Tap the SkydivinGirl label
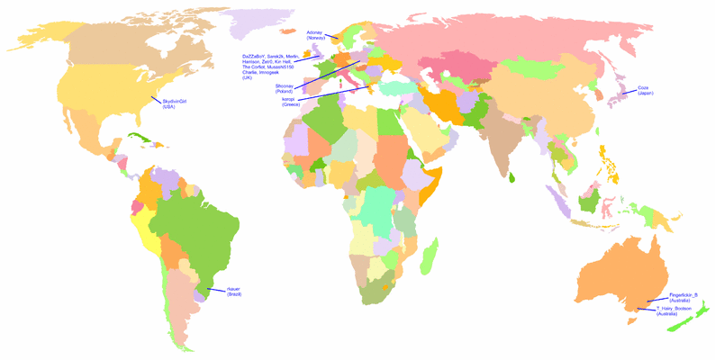(175, 102)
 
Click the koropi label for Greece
(291, 99)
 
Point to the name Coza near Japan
(643, 88)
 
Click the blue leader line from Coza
(628, 91)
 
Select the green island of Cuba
(142, 139)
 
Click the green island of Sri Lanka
(512, 176)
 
